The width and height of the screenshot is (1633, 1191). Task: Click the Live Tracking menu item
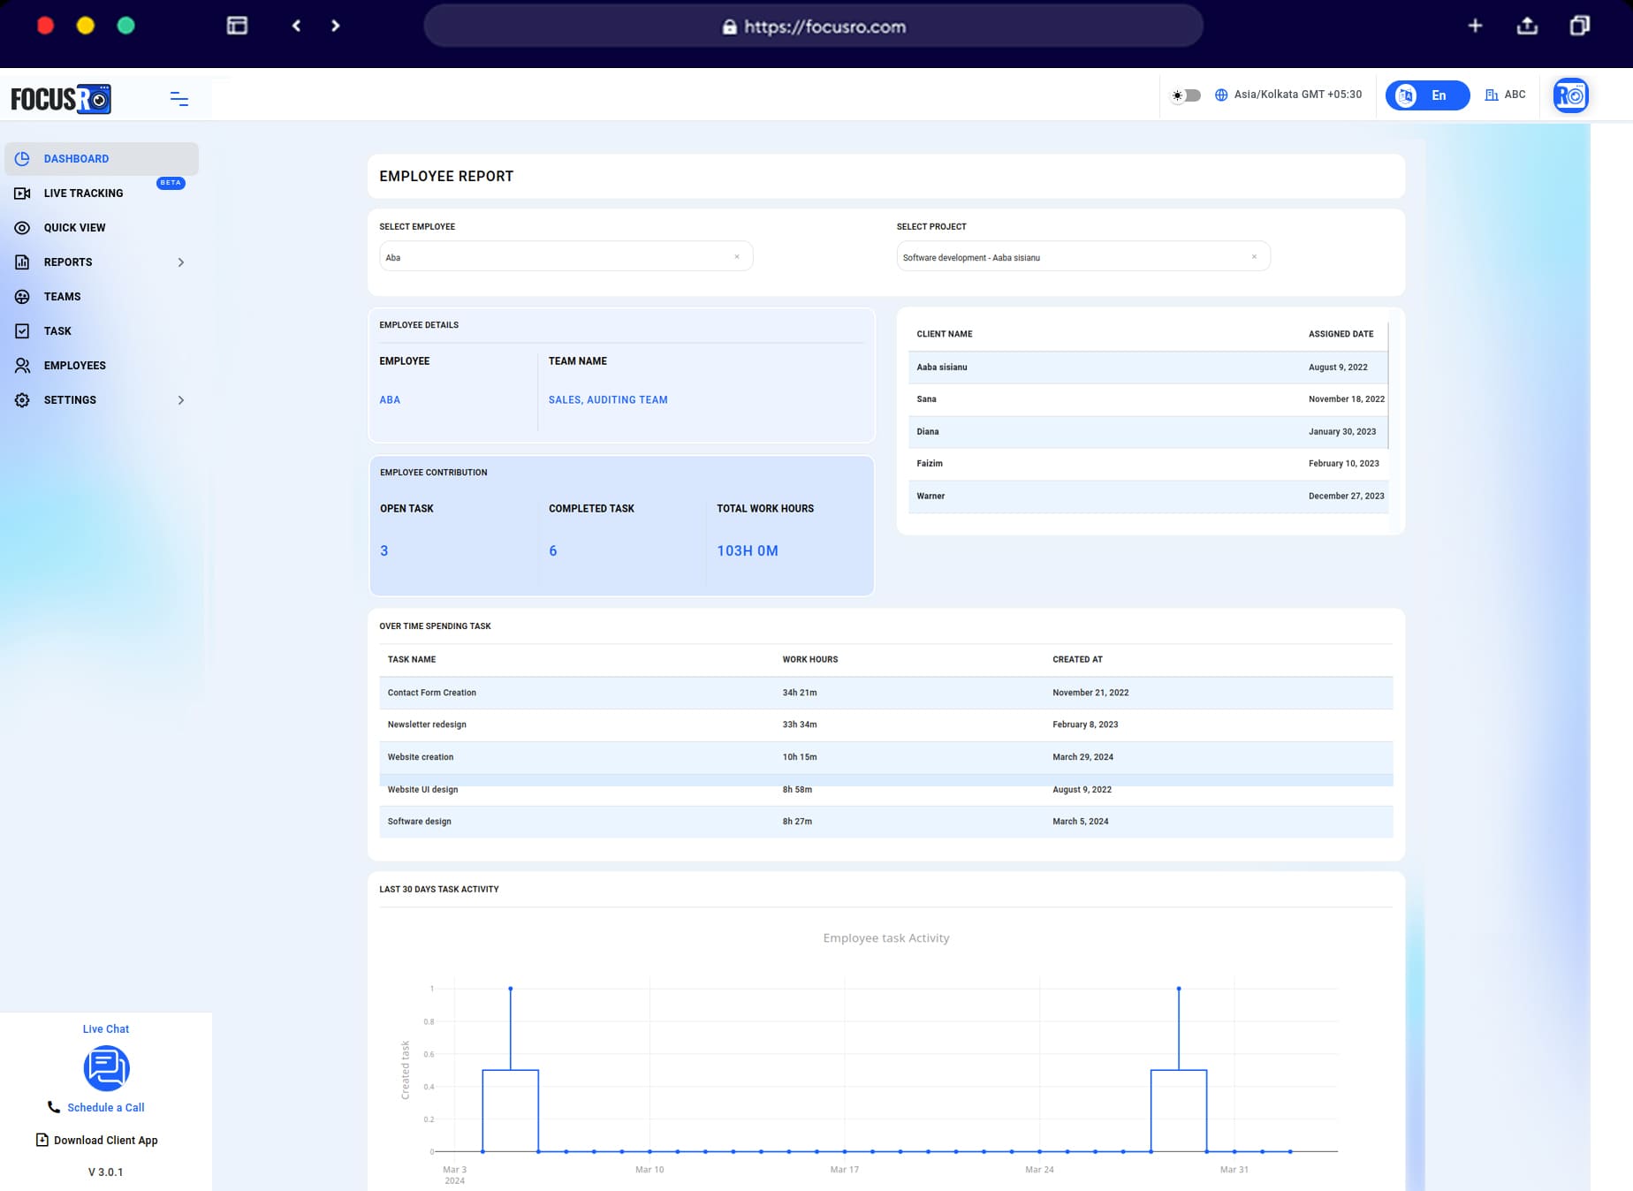(83, 193)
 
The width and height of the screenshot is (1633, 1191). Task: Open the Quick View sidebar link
(74, 228)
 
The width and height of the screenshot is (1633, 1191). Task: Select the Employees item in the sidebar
(74, 366)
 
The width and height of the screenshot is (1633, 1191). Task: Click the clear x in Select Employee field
(737, 257)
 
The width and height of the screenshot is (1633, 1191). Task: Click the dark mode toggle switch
(1187, 95)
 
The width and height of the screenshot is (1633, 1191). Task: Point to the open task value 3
(384, 551)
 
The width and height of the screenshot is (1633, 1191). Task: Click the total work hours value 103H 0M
(748, 551)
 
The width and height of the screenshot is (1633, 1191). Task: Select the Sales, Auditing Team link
(608, 400)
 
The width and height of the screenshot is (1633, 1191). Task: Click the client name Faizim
(930, 464)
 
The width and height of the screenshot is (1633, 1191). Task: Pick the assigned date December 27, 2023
(1346, 497)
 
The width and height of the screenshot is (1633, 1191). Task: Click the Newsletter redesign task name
(427, 724)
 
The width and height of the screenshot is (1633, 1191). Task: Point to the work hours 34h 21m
(800, 693)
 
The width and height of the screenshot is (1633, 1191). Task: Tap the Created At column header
(1077, 660)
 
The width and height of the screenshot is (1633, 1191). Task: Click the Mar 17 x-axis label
(844, 1170)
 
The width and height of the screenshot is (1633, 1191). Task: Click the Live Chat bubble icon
(106, 1068)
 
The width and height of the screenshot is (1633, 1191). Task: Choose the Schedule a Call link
(105, 1108)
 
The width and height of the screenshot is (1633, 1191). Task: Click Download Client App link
(105, 1141)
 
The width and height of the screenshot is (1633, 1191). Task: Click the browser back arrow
(297, 26)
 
